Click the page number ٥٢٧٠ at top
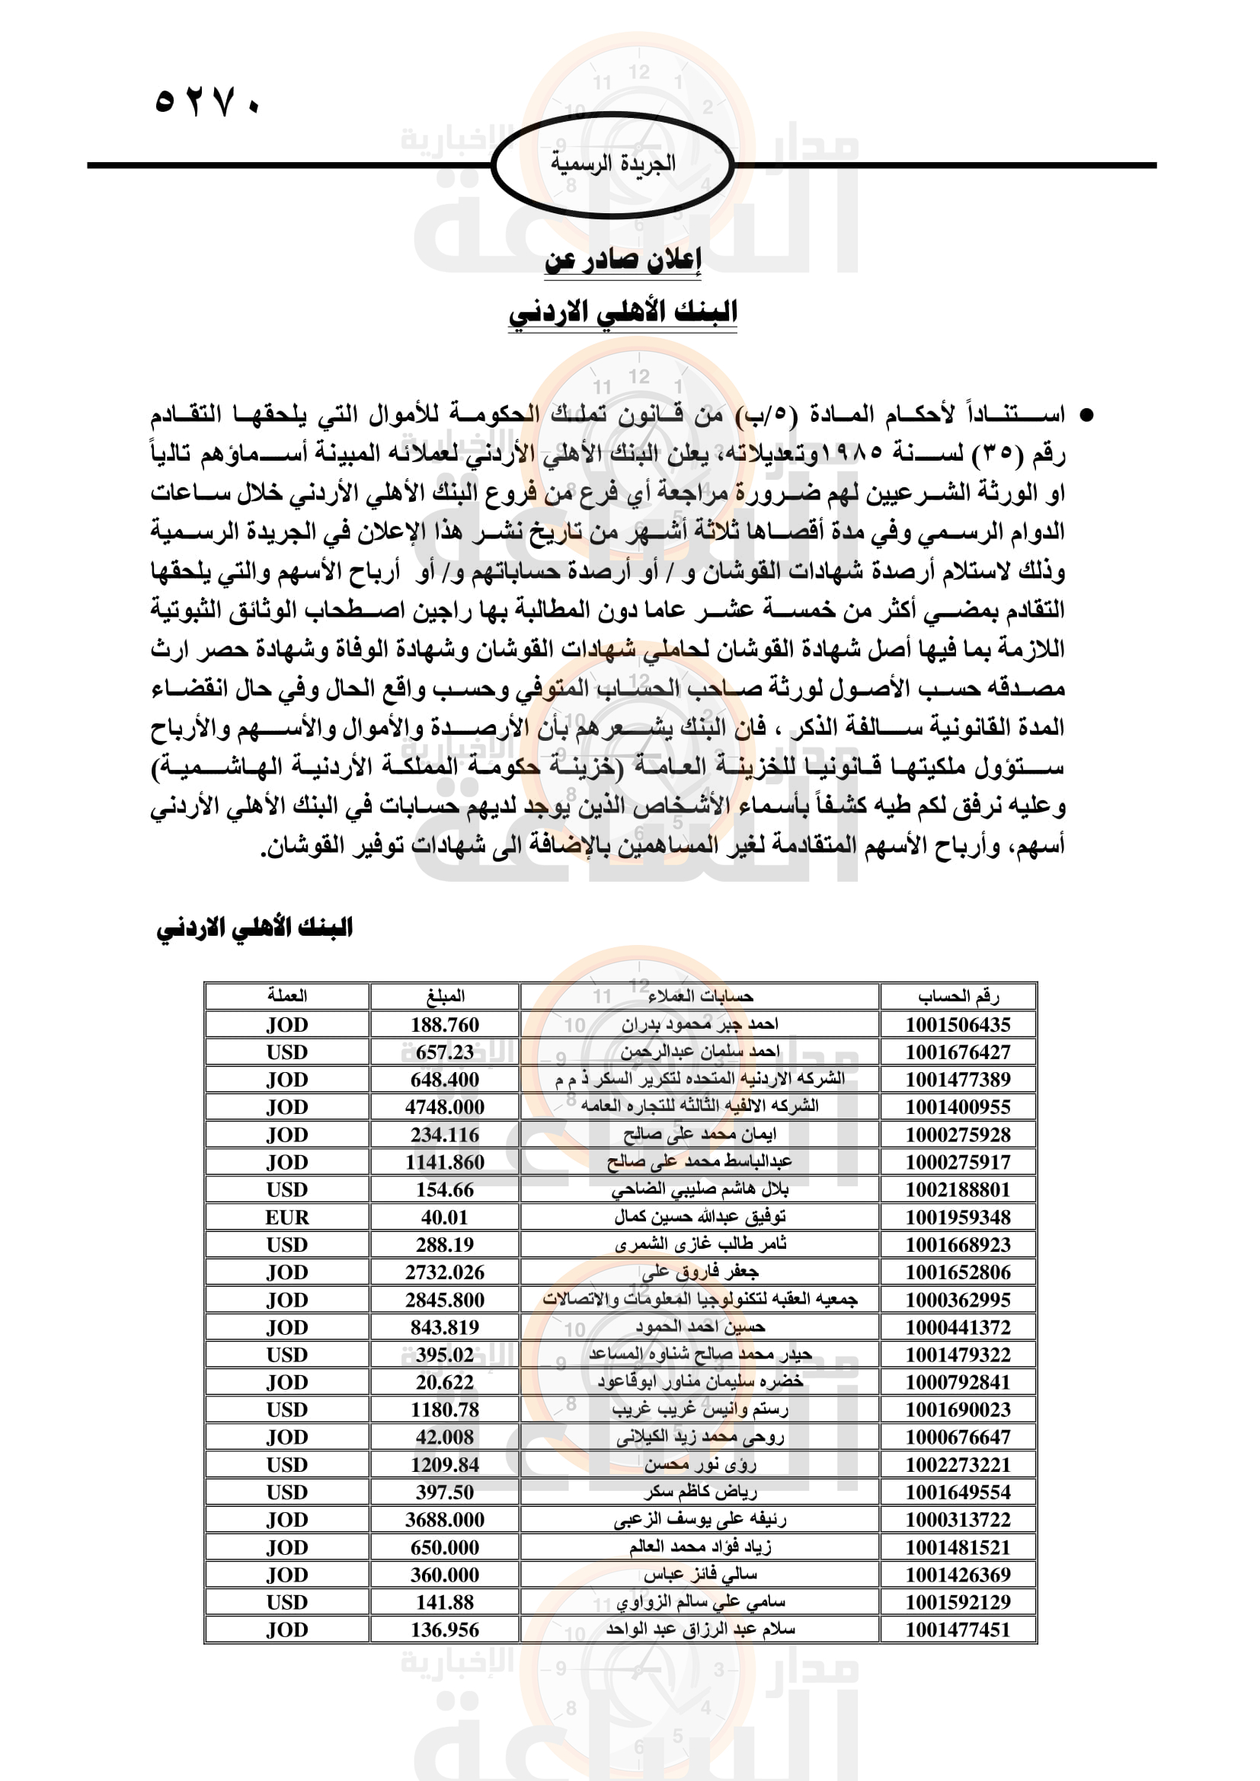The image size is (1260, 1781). tap(208, 101)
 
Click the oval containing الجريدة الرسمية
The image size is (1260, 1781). tap(612, 164)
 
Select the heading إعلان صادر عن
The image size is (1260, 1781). tap(622, 260)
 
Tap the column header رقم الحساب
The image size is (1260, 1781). tap(958, 996)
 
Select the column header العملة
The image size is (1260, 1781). tap(287, 996)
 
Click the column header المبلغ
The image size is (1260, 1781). tap(445, 996)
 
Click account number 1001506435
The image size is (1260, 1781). tap(958, 1025)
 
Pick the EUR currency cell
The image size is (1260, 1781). tap(287, 1217)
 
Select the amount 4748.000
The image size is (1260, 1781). tap(445, 1107)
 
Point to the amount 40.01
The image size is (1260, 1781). tap(445, 1217)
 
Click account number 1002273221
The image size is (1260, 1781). tap(958, 1464)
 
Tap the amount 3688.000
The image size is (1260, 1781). tap(445, 1520)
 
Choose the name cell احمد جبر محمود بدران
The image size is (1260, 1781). tap(699, 1025)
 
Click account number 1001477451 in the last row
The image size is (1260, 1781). tap(958, 1629)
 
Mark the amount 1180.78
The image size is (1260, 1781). tap(445, 1409)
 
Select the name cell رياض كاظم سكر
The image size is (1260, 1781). tap(699, 1492)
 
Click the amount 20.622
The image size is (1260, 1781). tap(445, 1382)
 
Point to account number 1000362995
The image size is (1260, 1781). tap(958, 1299)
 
